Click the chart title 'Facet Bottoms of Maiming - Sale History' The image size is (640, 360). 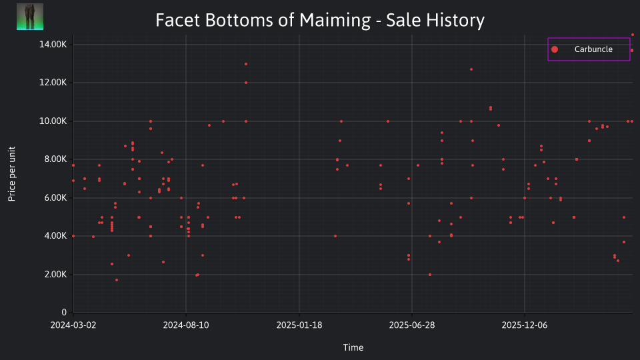[x=320, y=20]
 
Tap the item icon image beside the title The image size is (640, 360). [x=30, y=17]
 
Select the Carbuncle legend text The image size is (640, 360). [x=593, y=49]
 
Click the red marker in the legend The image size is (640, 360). [x=555, y=49]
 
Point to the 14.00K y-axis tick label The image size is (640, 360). [x=53, y=45]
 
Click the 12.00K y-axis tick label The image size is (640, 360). [x=53, y=83]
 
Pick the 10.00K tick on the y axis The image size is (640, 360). [x=53, y=121]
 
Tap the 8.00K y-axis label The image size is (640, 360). [x=55, y=159]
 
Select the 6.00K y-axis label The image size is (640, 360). [x=55, y=197]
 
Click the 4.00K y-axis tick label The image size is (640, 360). [x=55, y=236]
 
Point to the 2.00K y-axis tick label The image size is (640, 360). [x=55, y=274]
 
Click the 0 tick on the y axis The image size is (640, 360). [x=64, y=312]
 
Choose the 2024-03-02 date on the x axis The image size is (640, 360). [x=73, y=325]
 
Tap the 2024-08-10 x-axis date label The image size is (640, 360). [x=186, y=325]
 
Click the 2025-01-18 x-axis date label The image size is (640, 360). [x=299, y=325]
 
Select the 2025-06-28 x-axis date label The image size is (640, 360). [x=412, y=325]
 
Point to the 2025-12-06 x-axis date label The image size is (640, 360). [x=525, y=325]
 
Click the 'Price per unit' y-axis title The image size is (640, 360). [x=12, y=174]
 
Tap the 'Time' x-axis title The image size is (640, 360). [x=353, y=347]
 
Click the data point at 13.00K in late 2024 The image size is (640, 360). [x=246, y=64]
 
